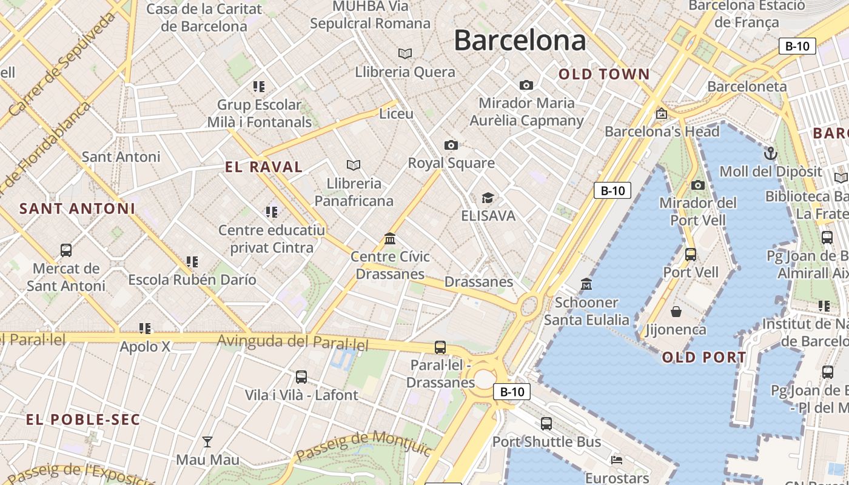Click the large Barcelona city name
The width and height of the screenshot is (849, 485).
520,41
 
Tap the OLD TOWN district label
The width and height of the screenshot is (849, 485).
604,75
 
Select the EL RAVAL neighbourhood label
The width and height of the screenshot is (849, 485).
264,167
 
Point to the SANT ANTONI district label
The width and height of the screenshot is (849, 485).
77,209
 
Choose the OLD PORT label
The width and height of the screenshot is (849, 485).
704,357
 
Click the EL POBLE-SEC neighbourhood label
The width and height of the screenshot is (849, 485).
83,420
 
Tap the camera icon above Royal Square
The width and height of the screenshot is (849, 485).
451,145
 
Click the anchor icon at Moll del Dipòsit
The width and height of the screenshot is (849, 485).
770,153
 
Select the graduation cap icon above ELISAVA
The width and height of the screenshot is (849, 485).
488,198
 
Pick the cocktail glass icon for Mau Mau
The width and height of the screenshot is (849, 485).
207,441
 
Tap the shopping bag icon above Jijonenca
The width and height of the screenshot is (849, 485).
676,312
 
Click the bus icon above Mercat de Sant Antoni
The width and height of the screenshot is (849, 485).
66,250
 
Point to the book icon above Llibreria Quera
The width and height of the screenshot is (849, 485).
404,53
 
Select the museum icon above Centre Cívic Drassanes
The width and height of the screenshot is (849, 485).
390,238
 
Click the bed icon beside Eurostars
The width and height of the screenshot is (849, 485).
617,459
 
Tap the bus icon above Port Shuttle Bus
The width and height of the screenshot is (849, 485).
546,423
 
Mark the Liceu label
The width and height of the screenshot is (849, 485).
396,114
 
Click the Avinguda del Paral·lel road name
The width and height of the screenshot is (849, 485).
293,342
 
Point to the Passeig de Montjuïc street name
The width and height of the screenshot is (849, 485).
363,446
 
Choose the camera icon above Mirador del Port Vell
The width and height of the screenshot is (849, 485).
698,185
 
